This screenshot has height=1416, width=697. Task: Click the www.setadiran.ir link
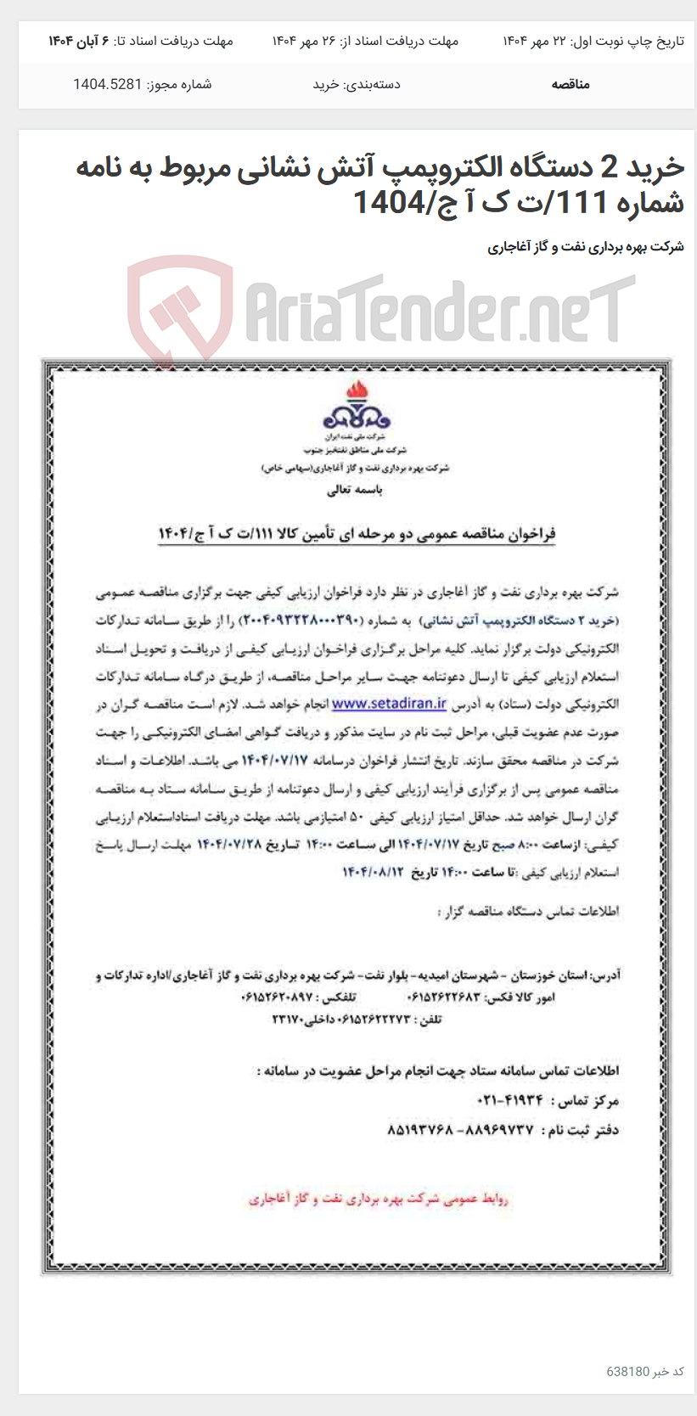(x=389, y=704)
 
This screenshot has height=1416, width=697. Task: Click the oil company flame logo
(x=356, y=406)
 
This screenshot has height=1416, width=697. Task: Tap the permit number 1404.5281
(x=108, y=84)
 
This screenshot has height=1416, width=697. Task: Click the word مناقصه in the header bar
(x=570, y=84)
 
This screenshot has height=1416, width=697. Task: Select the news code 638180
(x=627, y=1371)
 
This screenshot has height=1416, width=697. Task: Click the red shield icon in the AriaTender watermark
(x=180, y=309)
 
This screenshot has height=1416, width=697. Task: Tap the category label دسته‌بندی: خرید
(x=357, y=84)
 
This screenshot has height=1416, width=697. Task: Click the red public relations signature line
(x=379, y=1199)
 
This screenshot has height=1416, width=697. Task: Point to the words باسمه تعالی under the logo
(x=355, y=490)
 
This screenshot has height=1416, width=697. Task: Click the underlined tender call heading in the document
(x=357, y=533)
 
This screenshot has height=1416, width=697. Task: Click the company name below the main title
(x=586, y=247)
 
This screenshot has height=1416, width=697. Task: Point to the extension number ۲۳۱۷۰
(x=289, y=1020)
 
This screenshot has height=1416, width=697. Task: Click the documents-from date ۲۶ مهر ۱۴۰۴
(x=306, y=41)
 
